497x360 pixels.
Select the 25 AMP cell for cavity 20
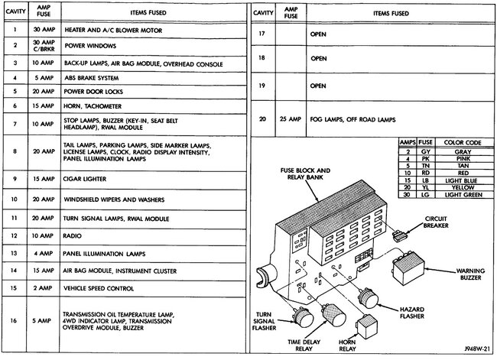(287, 119)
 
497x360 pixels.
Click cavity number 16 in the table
(15, 321)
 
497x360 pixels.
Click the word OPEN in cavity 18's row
(319, 57)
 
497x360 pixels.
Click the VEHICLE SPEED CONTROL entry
(99, 288)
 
